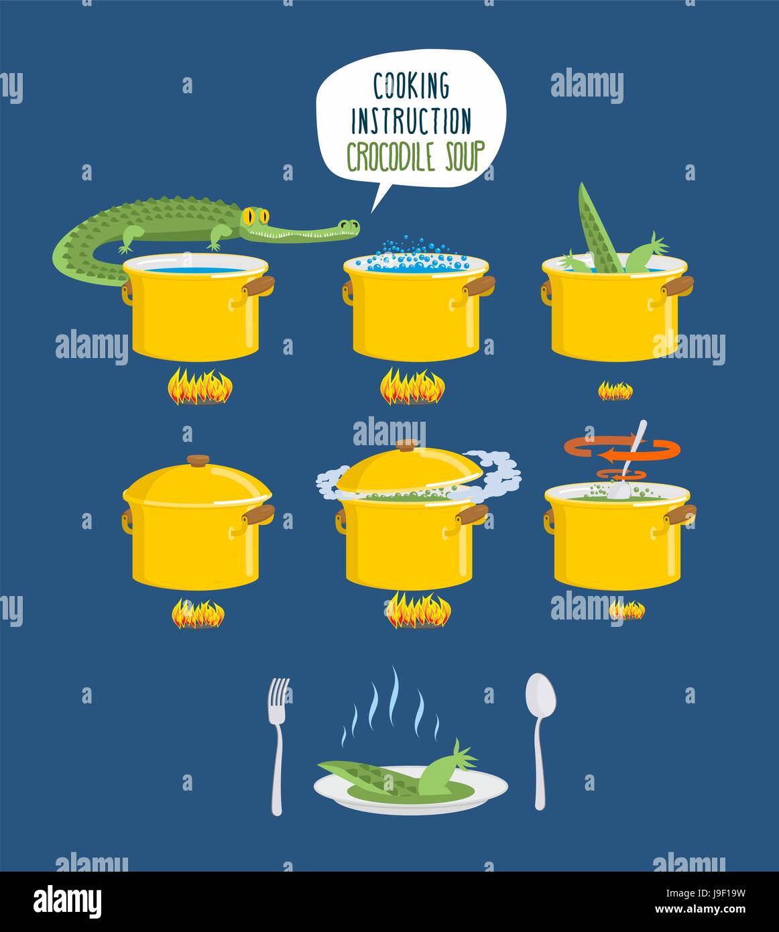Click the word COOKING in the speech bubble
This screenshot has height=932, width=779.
[411, 86]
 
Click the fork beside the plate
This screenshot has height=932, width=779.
[278, 744]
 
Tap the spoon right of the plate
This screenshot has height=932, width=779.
[540, 738]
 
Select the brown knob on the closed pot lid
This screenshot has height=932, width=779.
[198, 460]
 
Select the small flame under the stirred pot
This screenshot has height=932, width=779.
[626, 610]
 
